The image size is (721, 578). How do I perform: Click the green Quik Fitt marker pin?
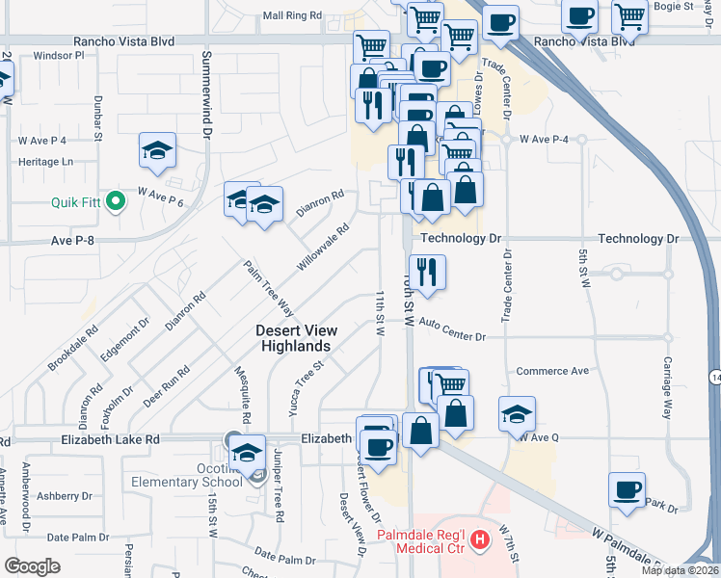(117, 202)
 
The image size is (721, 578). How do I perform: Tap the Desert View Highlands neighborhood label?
(294, 338)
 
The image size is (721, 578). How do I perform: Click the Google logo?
(32, 565)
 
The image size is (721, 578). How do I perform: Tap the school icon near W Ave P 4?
(157, 150)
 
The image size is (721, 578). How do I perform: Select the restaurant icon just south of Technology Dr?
(426, 273)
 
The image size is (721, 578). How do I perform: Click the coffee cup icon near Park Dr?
(627, 489)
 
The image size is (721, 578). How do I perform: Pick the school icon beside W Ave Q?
(517, 414)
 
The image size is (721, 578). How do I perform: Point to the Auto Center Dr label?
(452, 337)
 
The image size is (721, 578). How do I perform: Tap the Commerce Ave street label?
(552, 371)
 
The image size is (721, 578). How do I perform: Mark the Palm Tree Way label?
(268, 289)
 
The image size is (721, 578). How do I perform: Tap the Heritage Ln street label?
(45, 162)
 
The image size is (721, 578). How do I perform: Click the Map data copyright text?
(681, 569)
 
